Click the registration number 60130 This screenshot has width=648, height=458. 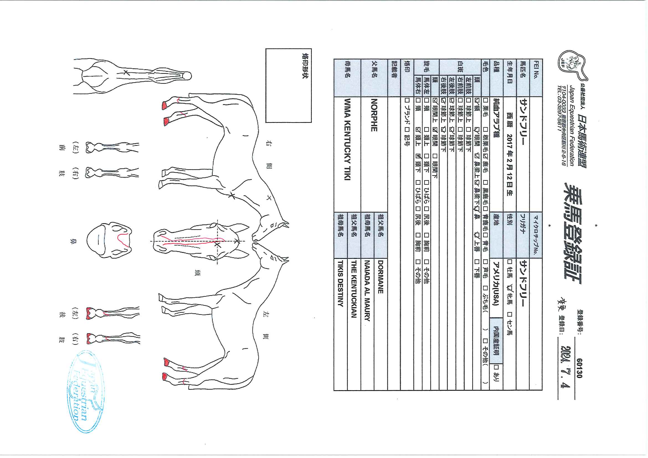click(x=579, y=368)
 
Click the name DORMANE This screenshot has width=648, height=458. click(x=380, y=277)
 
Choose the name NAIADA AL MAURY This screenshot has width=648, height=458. click(x=367, y=291)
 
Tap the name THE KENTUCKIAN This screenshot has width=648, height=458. click(x=354, y=289)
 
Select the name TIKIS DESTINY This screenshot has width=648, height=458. click(x=340, y=283)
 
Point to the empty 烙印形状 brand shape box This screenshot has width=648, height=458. click(x=289, y=86)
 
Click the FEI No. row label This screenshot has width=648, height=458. click(x=536, y=70)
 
